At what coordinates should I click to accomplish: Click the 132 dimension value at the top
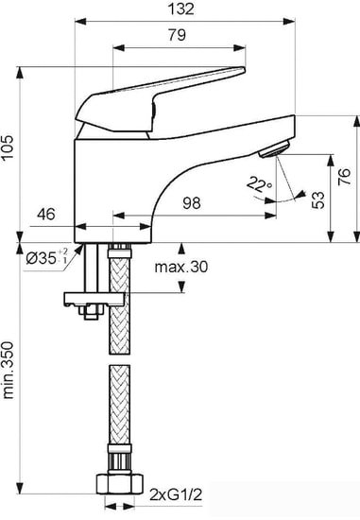tap(181, 9)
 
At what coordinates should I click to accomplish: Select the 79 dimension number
tap(177, 35)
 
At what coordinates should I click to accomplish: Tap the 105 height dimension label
tap(8, 147)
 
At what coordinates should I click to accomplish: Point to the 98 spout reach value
tap(192, 202)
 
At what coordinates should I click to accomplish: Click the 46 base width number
tap(46, 215)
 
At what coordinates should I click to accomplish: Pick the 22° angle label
tap(259, 184)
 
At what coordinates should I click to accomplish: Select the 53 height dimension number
tap(318, 199)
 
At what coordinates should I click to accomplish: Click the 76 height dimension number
tap(345, 177)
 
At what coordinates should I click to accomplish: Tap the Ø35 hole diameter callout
tap(46, 258)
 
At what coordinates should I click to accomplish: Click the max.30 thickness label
tap(181, 267)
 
